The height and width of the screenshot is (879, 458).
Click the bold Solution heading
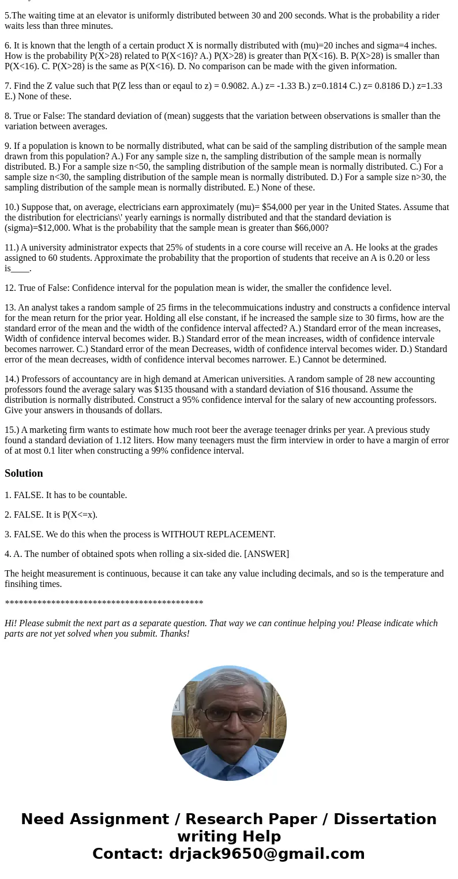pyautogui.click(x=24, y=473)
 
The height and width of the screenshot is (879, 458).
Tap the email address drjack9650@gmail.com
pyautogui.click(x=266, y=854)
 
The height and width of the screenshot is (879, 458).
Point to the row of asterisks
pyautogui.click(x=104, y=604)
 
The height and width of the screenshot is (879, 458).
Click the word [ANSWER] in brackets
pyautogui.click(x=266, y=554)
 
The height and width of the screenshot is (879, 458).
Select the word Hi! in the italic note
pyautogui.click(x=11, y=623)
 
